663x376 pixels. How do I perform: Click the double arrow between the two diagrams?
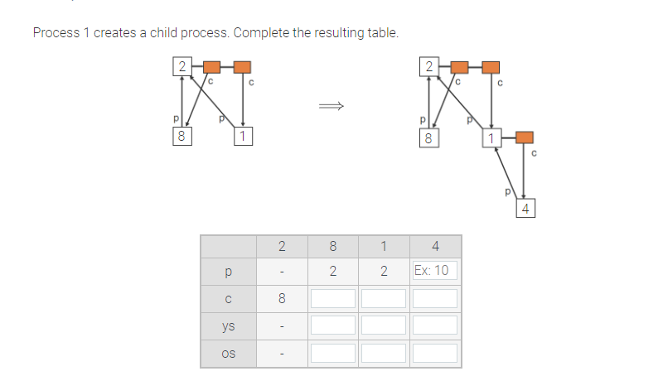(x=331, y=106)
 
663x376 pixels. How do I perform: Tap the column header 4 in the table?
(x=435, y=246)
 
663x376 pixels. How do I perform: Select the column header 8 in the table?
(x=332, y=246)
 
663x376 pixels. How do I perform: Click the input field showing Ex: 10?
(x=435, y=271)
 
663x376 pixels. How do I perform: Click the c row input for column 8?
(x=332, y=297)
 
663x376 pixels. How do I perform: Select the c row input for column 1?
(x=384, y=297)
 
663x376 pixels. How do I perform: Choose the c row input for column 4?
(x=435, y=297)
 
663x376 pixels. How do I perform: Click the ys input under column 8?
(x=332, y=325)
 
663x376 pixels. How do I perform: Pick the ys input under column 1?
(x=384, y=325)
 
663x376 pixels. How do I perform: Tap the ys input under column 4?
(x=435, y=325)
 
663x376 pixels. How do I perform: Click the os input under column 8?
(x=332, y=353)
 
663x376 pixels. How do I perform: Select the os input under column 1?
(x=384, y=353)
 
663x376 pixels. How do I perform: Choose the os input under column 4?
(x=435, y=353)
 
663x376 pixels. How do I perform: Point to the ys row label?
(x=228, y=325)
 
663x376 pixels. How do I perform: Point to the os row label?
(x=228, y=353)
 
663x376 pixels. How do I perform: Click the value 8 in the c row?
(x=281, y=297)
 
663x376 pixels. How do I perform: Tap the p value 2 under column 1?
(x=384, y=271)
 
